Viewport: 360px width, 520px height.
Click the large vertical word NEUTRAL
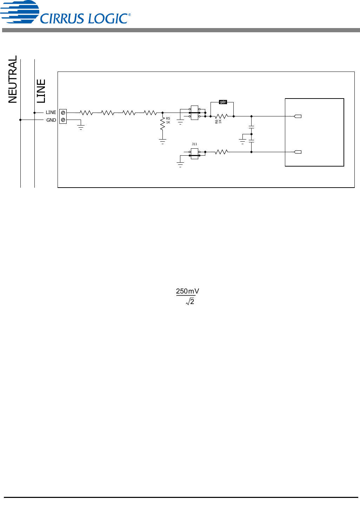click(13, 79)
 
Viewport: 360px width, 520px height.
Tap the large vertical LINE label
click(41, 91)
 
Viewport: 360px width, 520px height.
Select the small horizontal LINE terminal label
click(51, 113)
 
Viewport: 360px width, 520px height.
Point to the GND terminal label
click(51, 120)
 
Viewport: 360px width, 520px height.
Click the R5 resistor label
click(168, 119)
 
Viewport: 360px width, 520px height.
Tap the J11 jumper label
click(194, 144)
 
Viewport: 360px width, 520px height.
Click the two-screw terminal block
click(63, 116)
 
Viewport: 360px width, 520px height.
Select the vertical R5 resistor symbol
click(162, 124)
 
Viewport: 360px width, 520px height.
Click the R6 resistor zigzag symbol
click(221, 116)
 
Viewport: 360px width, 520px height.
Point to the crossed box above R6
click(223, 102)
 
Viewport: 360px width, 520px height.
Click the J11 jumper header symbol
click(194, 154)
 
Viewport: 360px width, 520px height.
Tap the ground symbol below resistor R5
click(162, 141)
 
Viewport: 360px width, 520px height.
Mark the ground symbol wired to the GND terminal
click(81, 127)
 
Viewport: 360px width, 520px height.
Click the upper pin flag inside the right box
click(298, 116)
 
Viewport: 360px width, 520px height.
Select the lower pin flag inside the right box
click(298, 152)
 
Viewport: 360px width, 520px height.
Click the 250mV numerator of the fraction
click(187, 291)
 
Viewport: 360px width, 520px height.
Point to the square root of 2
click(190, 302)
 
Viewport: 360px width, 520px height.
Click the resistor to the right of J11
click(221, 152)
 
